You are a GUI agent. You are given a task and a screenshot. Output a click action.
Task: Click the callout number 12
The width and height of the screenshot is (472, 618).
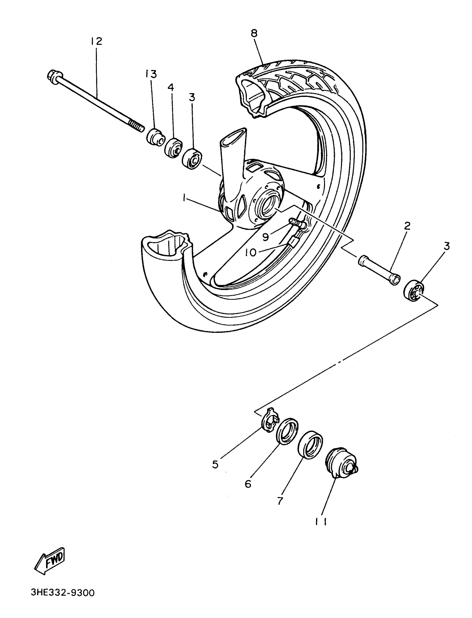coord(96,42)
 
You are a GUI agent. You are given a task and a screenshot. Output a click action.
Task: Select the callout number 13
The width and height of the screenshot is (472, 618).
coord(151,74)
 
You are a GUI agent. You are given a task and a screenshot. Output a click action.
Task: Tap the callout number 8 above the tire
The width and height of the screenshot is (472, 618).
coord(254,33)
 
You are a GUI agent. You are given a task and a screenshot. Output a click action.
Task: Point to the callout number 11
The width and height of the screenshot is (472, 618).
coord(320,522)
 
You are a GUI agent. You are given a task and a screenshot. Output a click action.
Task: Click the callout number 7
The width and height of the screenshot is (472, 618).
coord(280,501)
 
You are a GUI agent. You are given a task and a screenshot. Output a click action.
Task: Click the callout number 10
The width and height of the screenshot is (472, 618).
coord(251,253)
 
